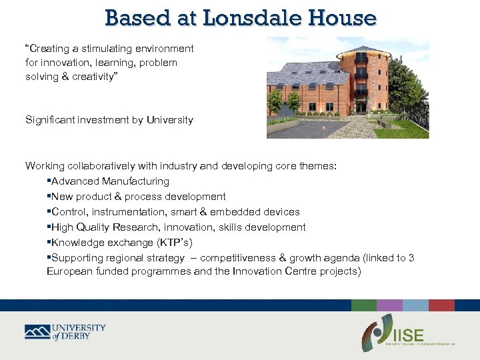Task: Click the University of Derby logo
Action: pos(65,332)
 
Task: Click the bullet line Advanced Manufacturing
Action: pos(110,181)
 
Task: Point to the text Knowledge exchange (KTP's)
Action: pos(121,243)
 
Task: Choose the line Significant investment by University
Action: pos(109,120)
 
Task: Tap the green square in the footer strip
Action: pos(363,305)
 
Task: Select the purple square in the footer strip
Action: pos(389,305)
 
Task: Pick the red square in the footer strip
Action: pos(441,305)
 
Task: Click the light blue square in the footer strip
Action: pos(415,305)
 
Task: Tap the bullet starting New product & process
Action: pos(138,197)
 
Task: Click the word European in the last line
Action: pos(71,271)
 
